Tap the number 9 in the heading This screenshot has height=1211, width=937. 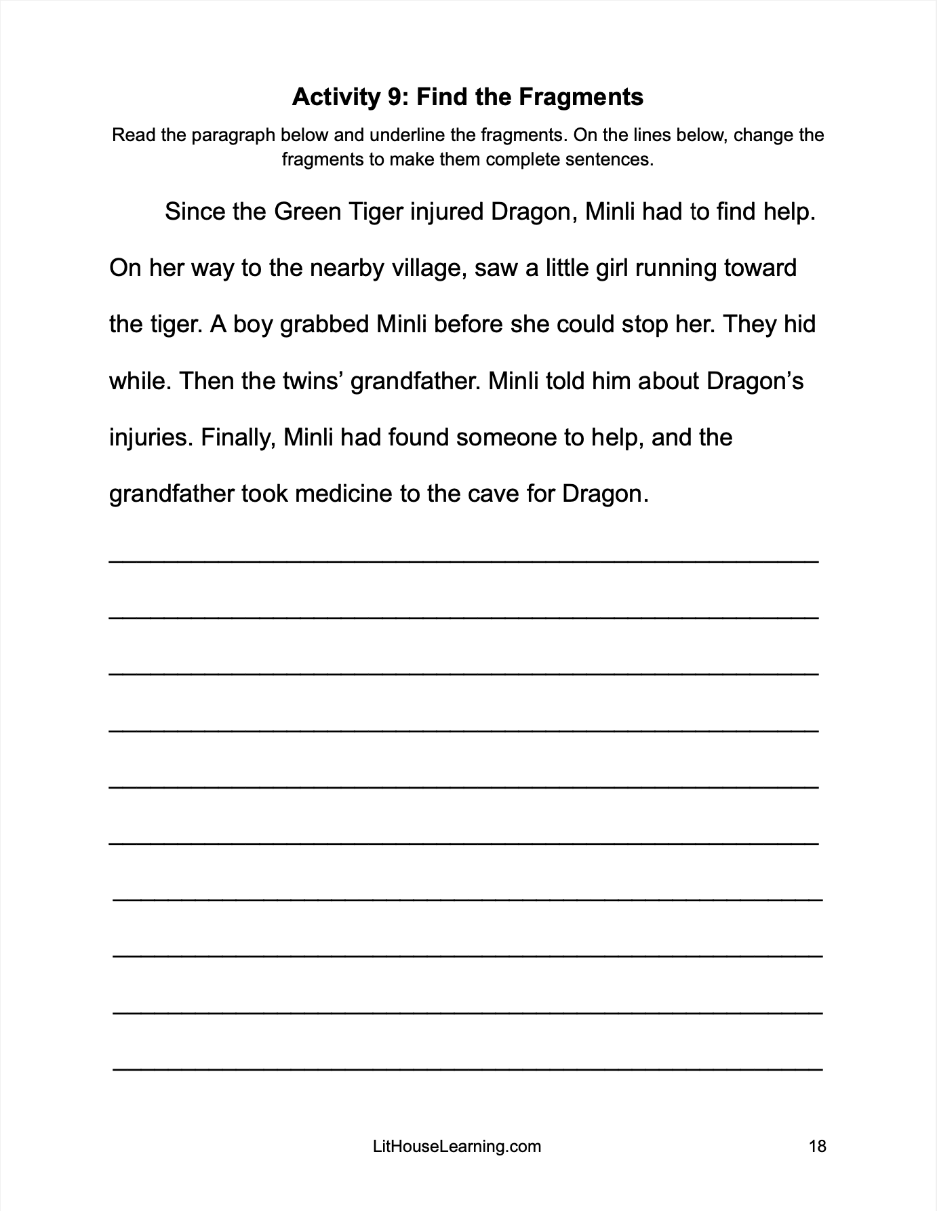point(395,98)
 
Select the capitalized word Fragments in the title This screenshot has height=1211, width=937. point(580,98)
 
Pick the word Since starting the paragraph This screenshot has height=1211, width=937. point(194,212)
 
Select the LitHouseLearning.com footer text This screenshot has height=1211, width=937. point(457,1147)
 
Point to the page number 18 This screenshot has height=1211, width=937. point(818,1147)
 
